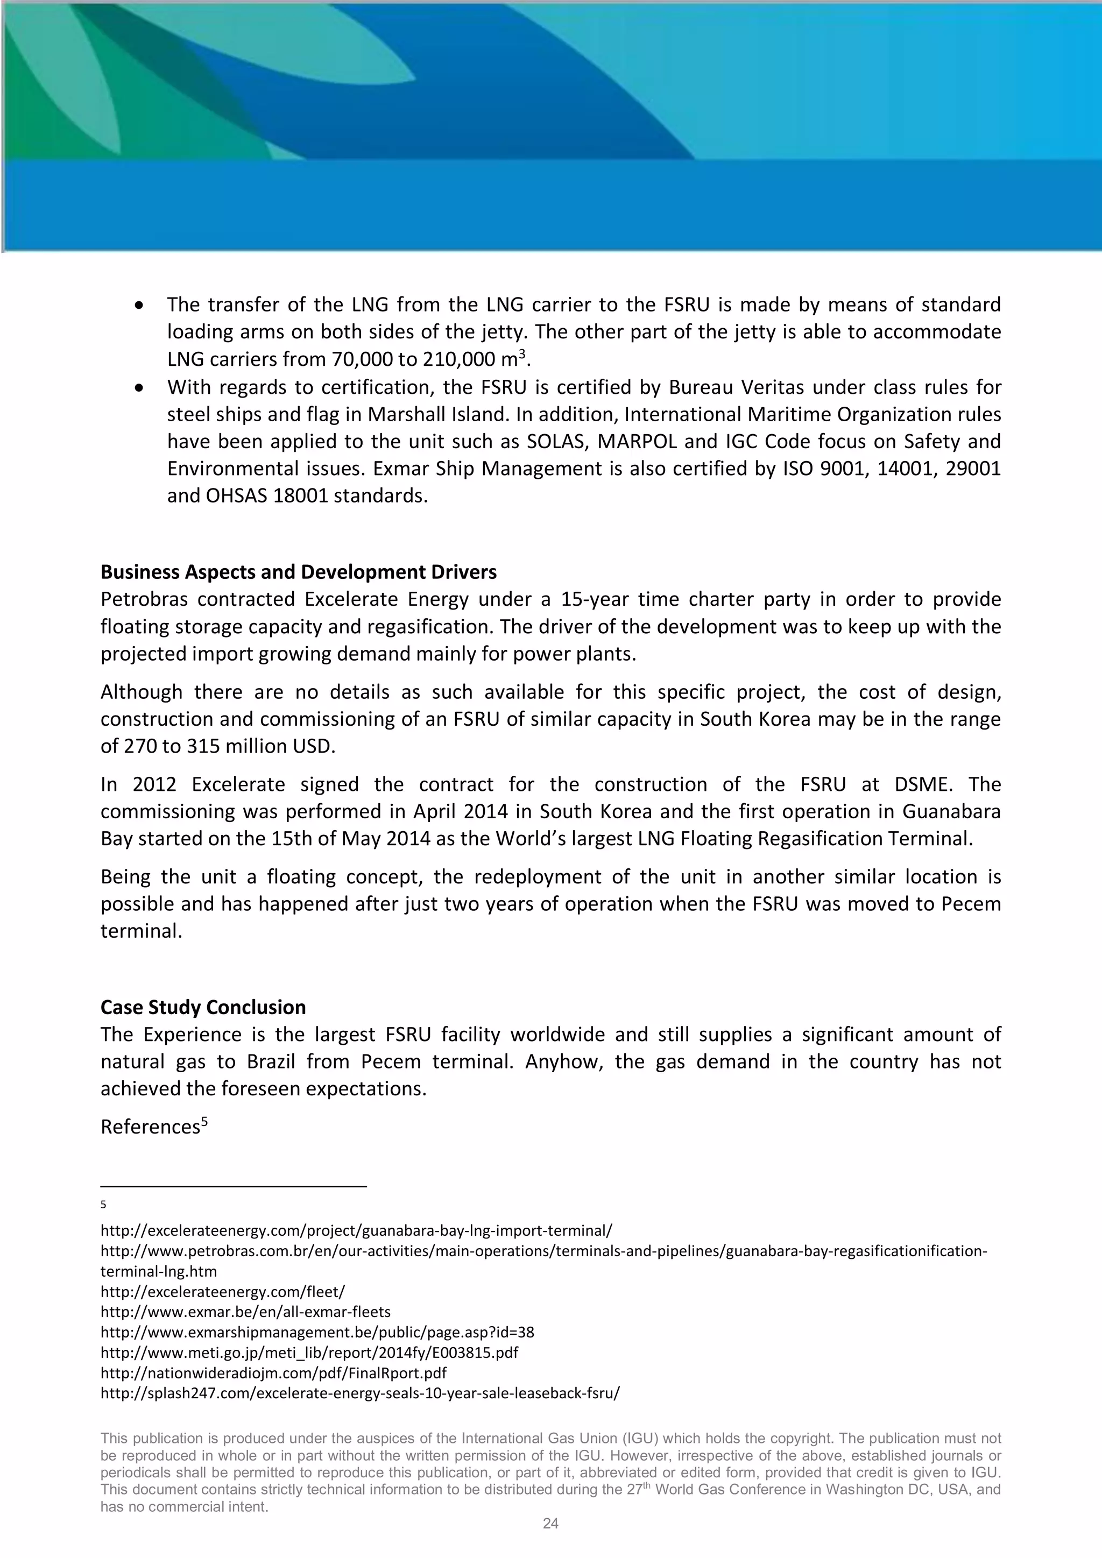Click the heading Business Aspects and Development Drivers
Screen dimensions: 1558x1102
[x=298, y=572]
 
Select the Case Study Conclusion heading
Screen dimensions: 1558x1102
[x=203, y=1007]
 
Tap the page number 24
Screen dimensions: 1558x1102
[x=550, y=1524]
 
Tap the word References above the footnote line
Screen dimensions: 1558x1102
[x=150, y=1127]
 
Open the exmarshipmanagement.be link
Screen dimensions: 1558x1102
[x=317, y=1332]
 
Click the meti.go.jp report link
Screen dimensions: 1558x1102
[x=309, y=1352]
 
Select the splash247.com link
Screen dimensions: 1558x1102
[x=359, y=1393]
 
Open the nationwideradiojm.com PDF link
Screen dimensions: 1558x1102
[x=273, y=1373]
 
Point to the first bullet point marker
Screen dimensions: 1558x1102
[x=140, y=306]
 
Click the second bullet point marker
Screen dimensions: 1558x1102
[x=140, y=388]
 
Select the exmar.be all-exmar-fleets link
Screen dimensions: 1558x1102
[x=245, y=1312]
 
